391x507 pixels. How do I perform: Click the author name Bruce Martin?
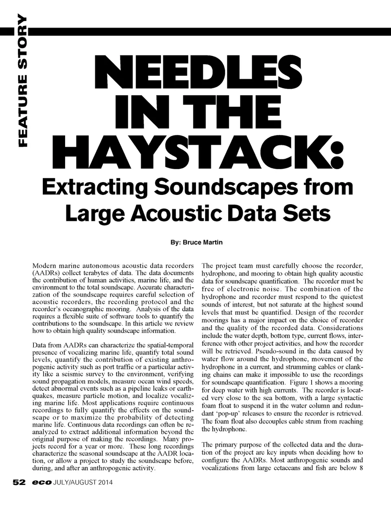point(202,242)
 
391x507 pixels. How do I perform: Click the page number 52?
point(19,482)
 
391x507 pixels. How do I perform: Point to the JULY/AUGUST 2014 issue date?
point(83,483)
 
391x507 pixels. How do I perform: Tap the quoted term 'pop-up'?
point(225,413)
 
